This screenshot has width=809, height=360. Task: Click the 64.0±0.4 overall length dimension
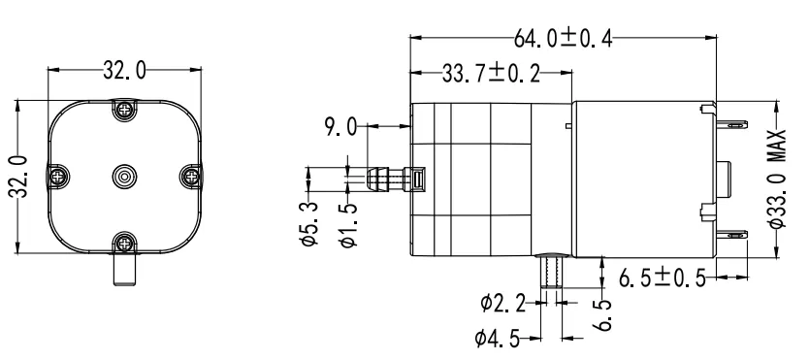[x=563, y=39]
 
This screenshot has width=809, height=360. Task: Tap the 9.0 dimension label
[x=342, y=125]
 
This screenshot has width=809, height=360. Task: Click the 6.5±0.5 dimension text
[x=663, y=278]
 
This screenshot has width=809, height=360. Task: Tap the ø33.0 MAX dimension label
[x=783, y=180]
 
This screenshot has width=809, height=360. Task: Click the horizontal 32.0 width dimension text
[x=123, y=71]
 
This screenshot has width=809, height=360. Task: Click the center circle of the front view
[x=123, y=176]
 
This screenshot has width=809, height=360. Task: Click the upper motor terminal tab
[x=734, y=123]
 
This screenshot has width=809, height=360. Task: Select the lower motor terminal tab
[x=734, y=234]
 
